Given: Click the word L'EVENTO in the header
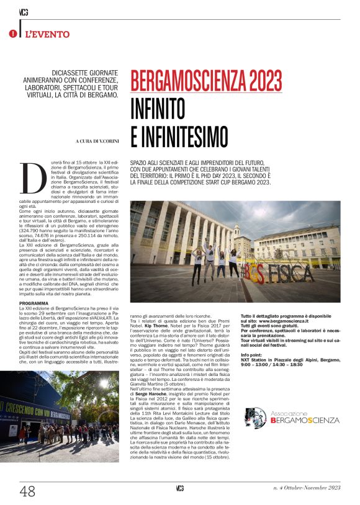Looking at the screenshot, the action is [47, 34].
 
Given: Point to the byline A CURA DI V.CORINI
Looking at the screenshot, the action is [96, 141].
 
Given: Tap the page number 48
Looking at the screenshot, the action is [28, 491].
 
